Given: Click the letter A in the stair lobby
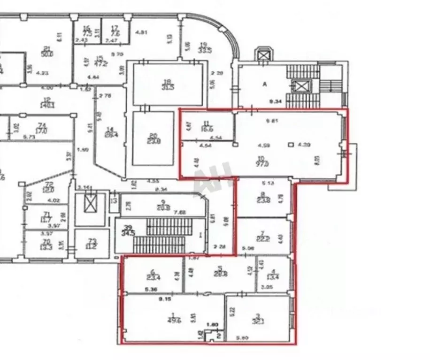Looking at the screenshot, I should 264,84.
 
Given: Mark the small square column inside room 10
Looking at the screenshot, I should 291,145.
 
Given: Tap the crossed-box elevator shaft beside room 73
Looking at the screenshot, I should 89,203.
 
